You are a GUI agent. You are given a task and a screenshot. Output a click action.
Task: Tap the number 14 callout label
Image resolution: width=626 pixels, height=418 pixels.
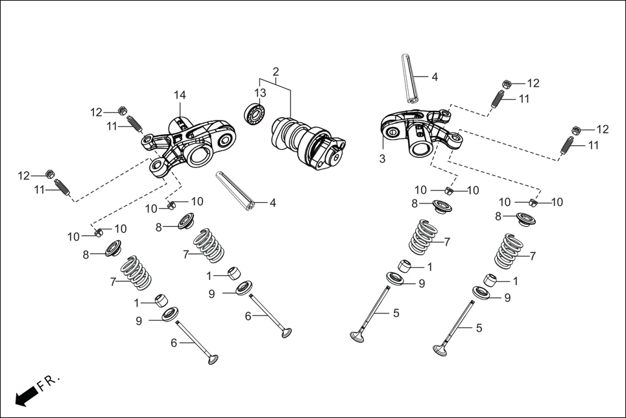click(180, 95)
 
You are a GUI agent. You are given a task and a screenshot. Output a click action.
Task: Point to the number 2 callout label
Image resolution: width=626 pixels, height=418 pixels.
click(276, 71)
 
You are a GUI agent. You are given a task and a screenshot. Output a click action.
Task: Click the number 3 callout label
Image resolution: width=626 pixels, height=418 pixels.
click(382, 158)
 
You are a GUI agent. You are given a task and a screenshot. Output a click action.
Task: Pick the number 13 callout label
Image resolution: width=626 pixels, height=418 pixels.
click(259, 93)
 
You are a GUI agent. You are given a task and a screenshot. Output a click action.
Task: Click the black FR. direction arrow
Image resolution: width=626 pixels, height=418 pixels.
click(25, 396)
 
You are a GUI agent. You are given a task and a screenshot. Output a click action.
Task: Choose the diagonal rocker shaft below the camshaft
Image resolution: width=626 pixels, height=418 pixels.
click(236, 191)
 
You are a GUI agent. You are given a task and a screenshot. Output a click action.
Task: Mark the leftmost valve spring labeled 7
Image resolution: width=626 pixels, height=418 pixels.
click(136, 273)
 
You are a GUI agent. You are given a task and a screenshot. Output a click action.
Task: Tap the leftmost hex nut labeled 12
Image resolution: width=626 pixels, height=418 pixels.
click(49, 175)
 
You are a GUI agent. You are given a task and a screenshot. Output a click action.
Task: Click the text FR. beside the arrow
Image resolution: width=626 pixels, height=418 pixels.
click(49, 383)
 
